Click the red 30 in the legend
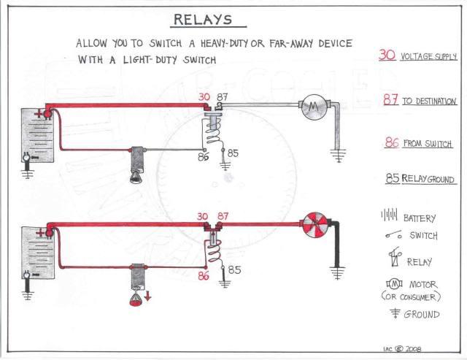pyautogui.click(x=387, y=54)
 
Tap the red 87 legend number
pyautogui.click(x=390, y=100)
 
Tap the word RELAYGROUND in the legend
pyautogui.click(x=431, y=180)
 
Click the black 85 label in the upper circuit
pyautogui.click(x=232, y=153)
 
